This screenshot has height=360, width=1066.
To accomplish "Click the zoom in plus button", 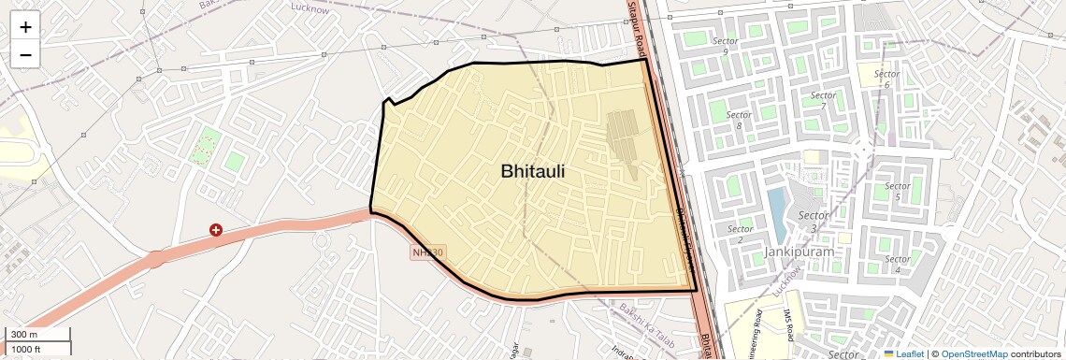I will (25, 27).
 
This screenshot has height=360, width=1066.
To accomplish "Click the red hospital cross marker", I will (216, 229).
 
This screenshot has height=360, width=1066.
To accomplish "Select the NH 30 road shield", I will (427, 252).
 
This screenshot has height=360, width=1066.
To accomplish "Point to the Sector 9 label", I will (726, 47).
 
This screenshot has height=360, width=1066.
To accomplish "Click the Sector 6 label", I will (886, 79).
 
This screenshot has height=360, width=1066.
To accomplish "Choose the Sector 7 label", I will (823, 100).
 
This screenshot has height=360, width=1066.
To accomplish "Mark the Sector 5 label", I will (897, 192).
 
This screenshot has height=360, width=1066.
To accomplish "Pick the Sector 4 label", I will (897, 265).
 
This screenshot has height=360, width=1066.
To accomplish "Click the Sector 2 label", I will (740, 235).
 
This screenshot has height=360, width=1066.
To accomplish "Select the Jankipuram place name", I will (798, 252).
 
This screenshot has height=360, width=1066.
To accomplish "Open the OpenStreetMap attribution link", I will (974, 353).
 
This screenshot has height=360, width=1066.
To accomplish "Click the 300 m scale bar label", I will (23, 335).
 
